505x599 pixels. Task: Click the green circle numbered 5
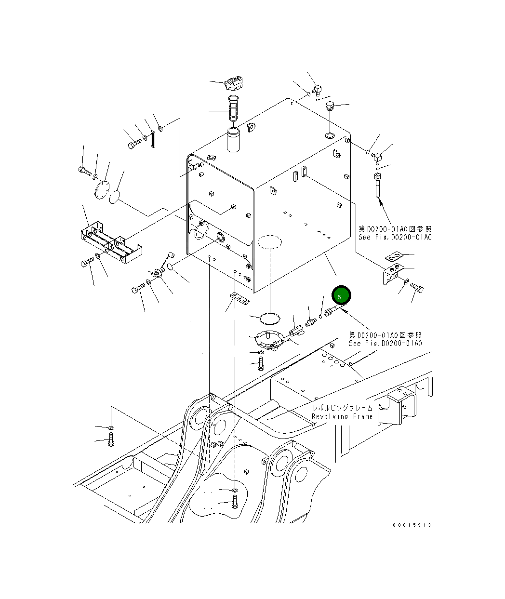click(341, 295)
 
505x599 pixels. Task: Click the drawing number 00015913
click(412, 525)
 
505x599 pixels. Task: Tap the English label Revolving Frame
click(342, 416)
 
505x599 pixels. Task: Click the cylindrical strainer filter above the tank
click(233, 108)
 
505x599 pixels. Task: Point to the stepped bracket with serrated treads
click(111, 242)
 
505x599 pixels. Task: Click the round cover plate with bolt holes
click(102, 189)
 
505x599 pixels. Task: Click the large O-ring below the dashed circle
click(270, 319)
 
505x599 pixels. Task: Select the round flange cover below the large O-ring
click(269, 340)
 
